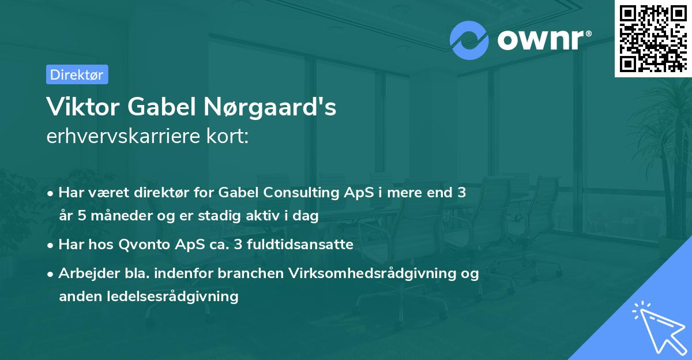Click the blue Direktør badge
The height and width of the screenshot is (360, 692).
coord(77,74)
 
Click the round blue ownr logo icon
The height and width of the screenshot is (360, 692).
coord(469,40)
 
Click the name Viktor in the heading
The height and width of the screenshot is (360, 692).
coord(76,107)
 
